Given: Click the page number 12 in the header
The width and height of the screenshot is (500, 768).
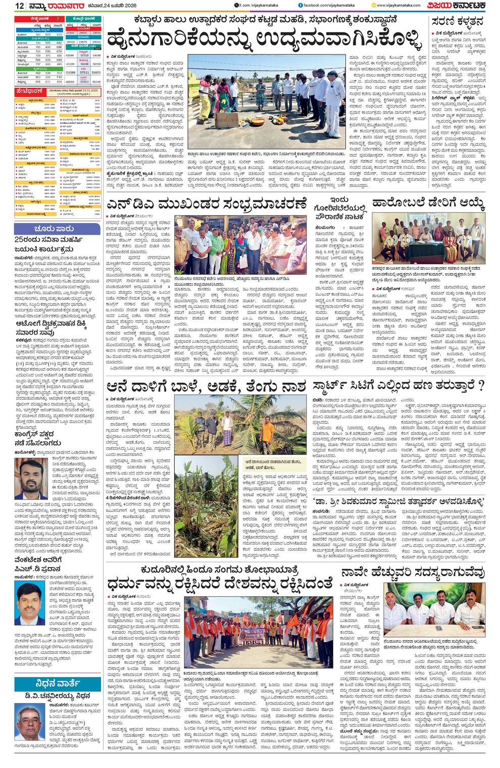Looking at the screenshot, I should (x=19, y=6).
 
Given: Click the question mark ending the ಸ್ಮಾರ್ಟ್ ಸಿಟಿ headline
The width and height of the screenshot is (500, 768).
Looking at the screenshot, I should (x=480, y=387).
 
